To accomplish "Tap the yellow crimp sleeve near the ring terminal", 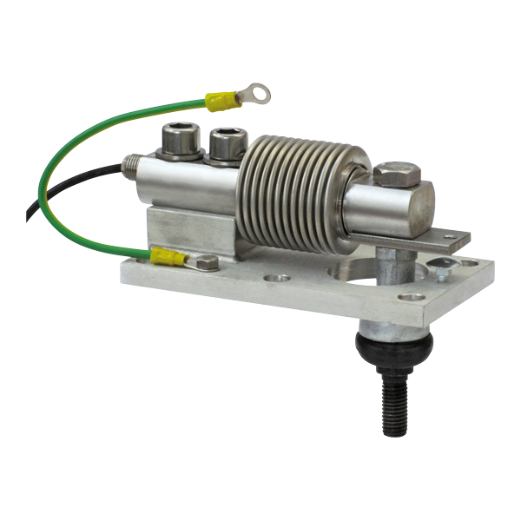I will [x=222, y=101].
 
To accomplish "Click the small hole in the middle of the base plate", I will [x=278, y=280].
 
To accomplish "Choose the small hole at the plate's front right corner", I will [x=414, y=297].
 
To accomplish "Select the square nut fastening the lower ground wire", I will [x=206, y=261].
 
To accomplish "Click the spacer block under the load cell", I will [x=187, y=228].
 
